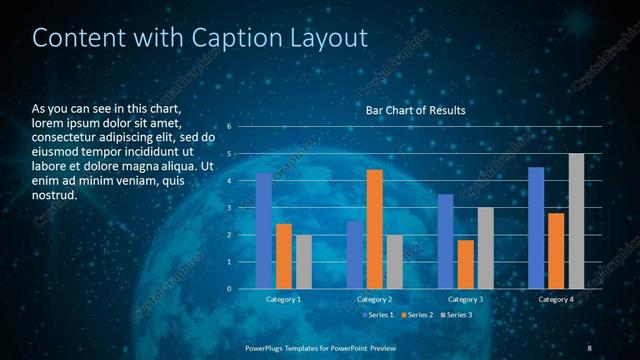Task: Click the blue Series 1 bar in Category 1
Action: tap(264, 231)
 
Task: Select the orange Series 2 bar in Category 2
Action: tap(375, 229)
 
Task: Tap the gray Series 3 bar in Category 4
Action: tap(576, 221)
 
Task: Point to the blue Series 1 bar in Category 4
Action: tap(536, 228)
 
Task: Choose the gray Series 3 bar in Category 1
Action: tap(303, 262)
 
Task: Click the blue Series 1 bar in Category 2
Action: tap(355, 255)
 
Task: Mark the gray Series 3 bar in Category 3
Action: tap(485, 248)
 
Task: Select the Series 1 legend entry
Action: tap(377, 315)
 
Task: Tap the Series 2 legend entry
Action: tap(416, 315)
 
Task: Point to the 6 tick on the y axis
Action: tap(229, 127)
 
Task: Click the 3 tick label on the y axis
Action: tap(229, 208)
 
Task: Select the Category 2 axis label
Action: tap(375, 300)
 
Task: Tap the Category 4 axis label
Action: tap(556, 300)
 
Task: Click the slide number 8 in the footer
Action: tap(589, 347)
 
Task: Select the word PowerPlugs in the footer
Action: tap(267, 347)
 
